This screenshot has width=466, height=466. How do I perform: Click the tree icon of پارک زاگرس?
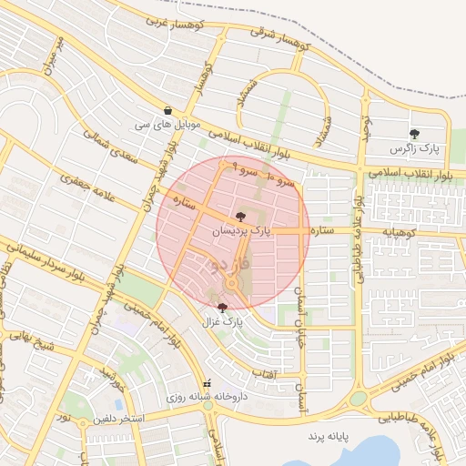pos(415,134)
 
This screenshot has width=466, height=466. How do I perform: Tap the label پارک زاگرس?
pos(415,147)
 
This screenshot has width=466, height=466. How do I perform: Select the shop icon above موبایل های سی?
pos(168,109)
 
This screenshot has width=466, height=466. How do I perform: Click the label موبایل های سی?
pos(167,123)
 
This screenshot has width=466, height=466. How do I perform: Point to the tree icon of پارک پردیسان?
pos(239,217)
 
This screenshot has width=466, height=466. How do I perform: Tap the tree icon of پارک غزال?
pos(223,308)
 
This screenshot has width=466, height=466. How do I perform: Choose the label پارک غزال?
pos(224,321)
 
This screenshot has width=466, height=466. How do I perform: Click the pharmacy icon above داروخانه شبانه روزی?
pos(208,384)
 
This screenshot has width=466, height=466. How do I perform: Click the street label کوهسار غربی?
pos(172,19)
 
